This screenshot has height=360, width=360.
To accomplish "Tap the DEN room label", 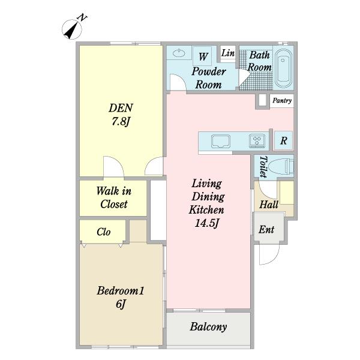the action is pos(121,108).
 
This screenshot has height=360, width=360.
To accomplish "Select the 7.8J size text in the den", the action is pos(121,121).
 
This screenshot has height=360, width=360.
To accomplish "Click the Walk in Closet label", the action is pos(113,197).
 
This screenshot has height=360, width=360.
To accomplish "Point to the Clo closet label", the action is pos(104,232).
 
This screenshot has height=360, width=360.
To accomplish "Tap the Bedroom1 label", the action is pos(121,290).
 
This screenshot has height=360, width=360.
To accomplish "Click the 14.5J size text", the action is pos(206,223).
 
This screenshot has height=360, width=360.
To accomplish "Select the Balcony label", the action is pos(208,327).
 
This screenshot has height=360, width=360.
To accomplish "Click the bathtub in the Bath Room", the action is pos(284,68).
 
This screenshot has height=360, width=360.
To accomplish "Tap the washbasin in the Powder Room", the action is pos(179,53).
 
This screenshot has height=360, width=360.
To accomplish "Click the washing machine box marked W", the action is pos(202,56).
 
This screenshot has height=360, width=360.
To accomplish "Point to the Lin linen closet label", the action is pos(228,53).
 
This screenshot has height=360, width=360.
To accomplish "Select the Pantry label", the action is pos(282,101).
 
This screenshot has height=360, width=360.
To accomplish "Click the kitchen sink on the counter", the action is pos(221,141).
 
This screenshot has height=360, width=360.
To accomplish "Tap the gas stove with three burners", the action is pos(257,140).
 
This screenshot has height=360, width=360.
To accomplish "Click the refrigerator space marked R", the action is pos(284,140).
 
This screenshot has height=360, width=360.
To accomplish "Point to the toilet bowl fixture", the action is pos(281,166).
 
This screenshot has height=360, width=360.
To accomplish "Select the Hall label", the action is pos(269,205).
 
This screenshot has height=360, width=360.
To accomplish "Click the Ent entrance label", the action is pos(266,229).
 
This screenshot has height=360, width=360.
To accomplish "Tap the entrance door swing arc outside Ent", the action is pos(275,258).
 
